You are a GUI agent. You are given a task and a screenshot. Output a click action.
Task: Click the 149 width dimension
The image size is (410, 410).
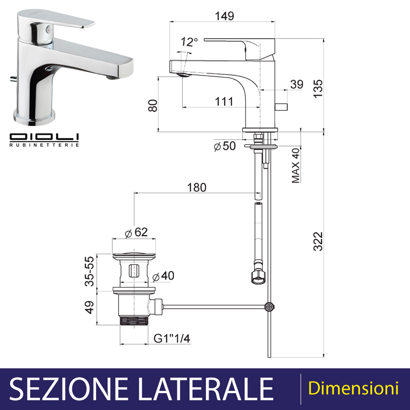point(224,16)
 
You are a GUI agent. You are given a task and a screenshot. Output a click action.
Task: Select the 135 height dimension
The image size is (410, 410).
point(318,89)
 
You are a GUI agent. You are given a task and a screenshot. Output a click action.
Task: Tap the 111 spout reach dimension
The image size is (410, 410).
point(224,101)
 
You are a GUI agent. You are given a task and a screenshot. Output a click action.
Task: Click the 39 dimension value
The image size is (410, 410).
point(297,84)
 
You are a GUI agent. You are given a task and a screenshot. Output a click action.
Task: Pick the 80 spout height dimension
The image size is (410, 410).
point(153,106)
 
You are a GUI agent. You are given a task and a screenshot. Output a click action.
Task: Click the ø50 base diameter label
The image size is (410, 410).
point(225,146)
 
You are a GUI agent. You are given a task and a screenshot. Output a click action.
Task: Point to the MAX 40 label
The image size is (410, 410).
point(296,166)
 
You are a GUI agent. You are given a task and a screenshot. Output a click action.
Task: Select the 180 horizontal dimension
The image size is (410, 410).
point(197,187)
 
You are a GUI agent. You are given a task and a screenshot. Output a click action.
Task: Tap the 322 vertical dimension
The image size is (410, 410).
point(318,241)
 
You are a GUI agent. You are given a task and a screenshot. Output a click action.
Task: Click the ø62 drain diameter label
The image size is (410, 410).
point(136,232)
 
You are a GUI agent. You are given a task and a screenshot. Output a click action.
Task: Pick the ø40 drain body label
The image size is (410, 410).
point(163,276)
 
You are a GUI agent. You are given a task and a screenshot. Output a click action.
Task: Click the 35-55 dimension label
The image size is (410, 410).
point(89,271)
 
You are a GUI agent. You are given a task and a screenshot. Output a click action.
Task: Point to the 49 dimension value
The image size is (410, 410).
point(89,307)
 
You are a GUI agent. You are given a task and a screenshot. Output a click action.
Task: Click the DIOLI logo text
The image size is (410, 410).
point(44,137)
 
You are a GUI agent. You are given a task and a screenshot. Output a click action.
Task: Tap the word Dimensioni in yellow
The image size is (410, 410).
point(353,388)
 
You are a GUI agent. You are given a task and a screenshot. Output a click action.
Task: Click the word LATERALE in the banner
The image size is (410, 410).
point(205,389)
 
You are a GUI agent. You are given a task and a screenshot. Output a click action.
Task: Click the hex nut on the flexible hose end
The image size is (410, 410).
point(258,277)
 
